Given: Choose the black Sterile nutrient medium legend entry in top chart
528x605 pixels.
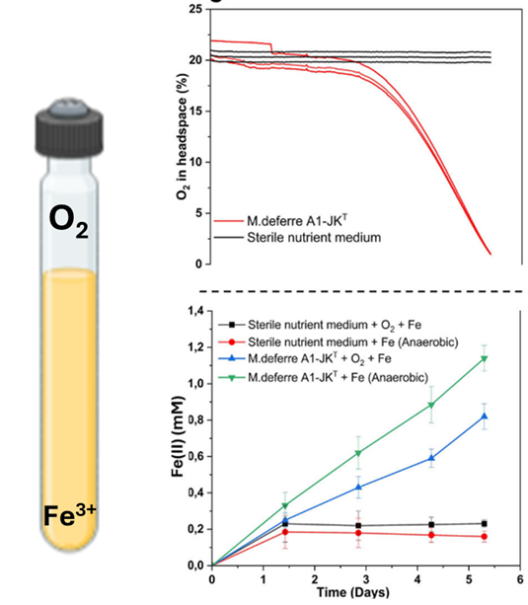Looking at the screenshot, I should pos(295,239).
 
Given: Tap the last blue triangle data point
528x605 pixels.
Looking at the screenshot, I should pos(484,416).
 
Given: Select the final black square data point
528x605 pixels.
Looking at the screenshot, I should pos(484,523).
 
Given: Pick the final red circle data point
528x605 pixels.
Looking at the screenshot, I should pos(484,536).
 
